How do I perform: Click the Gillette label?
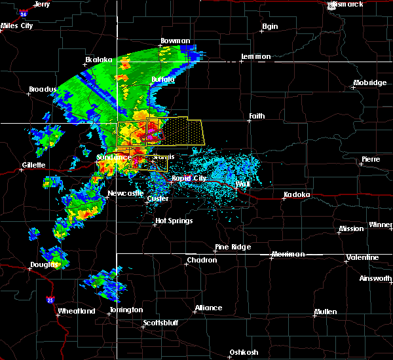click(x=33, y=165)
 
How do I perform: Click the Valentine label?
click(x=362, y=257)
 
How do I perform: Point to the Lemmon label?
click(x=255, y=57)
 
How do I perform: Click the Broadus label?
click(x=43, y=90)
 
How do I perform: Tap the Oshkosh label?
click(x=243, y=353)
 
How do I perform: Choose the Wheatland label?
click(x=77, y=311)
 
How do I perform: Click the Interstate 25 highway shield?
click(x=51, y=299)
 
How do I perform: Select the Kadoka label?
click(x=297, y=195)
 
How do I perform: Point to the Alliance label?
click(x=208, y=308)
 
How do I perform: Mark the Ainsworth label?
click(x=377, y=279)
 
